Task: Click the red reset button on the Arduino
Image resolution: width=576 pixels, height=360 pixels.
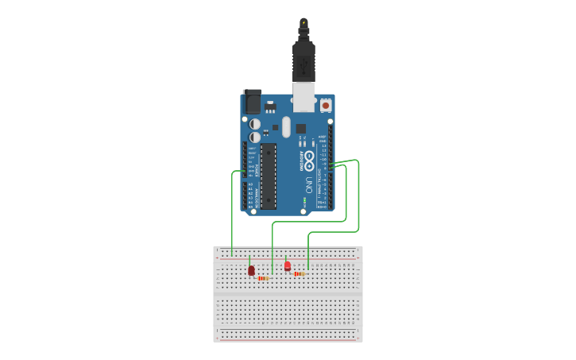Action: click(x=325, y=104)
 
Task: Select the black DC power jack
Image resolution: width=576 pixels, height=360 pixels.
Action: click(x=251, y=102)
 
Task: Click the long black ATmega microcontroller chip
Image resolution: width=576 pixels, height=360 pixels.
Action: click(x=268, y=176)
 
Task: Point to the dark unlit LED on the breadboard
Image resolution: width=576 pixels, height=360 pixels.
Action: click(x=251, y=271)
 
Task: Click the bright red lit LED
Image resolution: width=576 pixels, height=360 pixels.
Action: click(x=288, y=267)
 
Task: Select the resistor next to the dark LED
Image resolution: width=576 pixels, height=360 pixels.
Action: click(x=263, y=278)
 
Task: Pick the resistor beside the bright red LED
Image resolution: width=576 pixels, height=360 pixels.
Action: click(x=300, y=273)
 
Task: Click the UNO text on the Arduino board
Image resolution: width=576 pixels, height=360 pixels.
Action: click(x=308, y=185)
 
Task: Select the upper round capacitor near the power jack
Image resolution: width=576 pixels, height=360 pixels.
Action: click(x=254, y=124)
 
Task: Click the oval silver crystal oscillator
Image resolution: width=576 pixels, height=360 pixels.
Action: click(x=285, y=127)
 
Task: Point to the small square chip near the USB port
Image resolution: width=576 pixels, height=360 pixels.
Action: click(x=300, y=128)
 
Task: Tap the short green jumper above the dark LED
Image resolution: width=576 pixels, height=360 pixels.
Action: click(x=249, y=261)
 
